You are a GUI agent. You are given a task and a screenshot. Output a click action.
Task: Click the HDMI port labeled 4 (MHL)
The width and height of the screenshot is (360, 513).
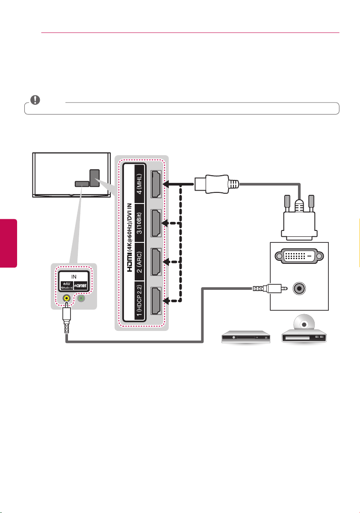pyautogui.click(x=156, y=184)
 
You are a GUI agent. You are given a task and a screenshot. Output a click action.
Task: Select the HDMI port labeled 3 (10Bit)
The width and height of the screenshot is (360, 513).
pyautogui.click(x=156, y=223)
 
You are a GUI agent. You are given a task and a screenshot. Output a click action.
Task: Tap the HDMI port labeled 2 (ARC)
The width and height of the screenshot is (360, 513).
pyautogui.click(x=156, y=262)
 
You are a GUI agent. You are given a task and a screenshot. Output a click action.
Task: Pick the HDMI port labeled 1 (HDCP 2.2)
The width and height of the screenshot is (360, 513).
pyautogui.click(x=156, y=301)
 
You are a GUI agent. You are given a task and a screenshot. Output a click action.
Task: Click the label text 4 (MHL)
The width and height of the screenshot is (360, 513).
pyautogui.click(x=139, y=184)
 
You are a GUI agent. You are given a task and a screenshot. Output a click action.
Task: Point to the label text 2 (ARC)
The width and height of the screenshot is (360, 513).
pyautogui.click(x=139, y=262)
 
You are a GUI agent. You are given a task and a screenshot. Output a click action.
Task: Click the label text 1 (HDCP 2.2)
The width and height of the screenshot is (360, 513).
pyautogui.click(x=139, y=301)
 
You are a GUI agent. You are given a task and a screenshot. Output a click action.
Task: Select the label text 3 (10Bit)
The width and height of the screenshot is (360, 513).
pyautogui.click(x=139, y=223)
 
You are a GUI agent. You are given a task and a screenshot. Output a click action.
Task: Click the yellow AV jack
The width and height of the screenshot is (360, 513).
pyautogui.click(x=67, y=298)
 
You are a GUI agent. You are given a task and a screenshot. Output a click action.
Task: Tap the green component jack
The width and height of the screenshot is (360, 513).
pyautogui.click(x=81, y=298)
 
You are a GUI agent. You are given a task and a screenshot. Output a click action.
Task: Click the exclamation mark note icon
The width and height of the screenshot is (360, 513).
pyautogui.click(x=35, y=100)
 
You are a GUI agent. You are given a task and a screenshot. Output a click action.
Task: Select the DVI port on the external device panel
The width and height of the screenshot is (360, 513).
pyautogui.click(x=299, y=256)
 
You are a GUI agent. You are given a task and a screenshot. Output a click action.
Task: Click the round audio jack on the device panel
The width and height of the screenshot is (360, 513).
pyautogui.click(x=299, y=288)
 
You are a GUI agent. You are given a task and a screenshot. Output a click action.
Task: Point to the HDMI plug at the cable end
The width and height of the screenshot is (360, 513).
pyautogui.click(x=217, y=184)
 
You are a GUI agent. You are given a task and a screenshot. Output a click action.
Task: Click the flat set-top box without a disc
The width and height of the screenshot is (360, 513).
pyautogui.click(x=246, y=337)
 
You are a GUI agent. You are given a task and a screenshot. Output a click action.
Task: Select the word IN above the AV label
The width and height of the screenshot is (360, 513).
pyautogui.click(x=74, y=277)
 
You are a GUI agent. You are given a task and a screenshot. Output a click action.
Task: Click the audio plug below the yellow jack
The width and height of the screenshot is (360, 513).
pyautogui.click(x=67, y=318)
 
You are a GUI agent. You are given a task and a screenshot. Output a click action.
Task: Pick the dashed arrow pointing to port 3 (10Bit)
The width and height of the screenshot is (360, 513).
pyautogui.click(x=171, y=223)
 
